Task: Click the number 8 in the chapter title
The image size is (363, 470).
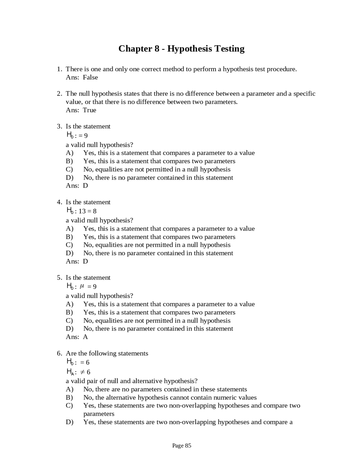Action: click(x=157, y=49)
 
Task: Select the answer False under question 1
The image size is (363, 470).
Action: click(x=90, y=77)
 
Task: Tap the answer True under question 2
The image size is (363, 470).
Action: click(x=89, y=110)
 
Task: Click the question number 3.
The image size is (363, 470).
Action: click(x=59, y=126)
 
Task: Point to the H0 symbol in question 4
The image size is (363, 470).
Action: click(x=70, y=211)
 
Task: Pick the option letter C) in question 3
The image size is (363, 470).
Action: click(x=69, y=169)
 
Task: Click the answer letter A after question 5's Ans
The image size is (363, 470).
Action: click(x=85, y=337)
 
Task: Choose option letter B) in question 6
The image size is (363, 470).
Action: click(x=69, y=398)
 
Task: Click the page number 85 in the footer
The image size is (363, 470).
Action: click(x=188, y=446)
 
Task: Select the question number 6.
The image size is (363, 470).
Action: click(x=59, y=353)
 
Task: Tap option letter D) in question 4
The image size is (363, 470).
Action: click(x=69, y=253)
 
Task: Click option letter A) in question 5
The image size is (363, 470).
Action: click(x=69, y=304)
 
